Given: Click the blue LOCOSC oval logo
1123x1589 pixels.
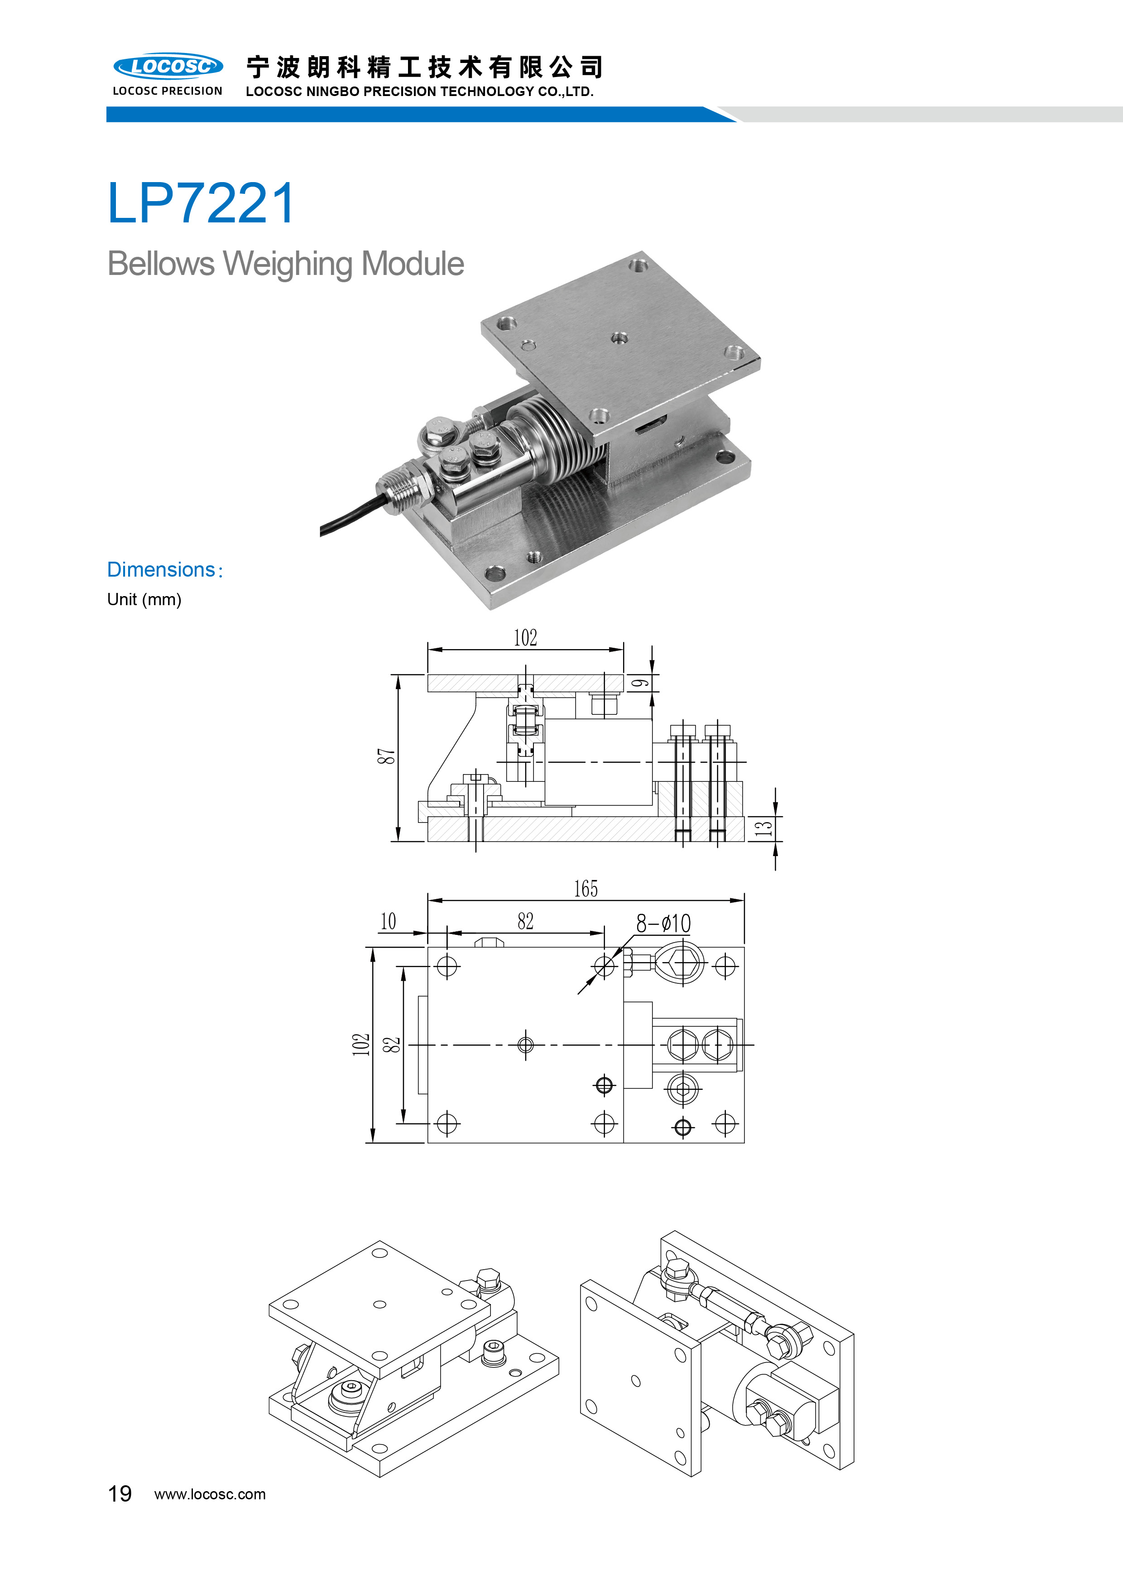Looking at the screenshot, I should click(x=168, y=67).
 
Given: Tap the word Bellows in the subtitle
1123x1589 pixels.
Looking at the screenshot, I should click(x=161, y=264).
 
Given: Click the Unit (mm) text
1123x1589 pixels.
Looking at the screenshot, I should click(x=144, y=599).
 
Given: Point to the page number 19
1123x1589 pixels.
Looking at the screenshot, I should click(x=120, y=1493).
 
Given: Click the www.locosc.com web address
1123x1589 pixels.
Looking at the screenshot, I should click(x=210, y=1494).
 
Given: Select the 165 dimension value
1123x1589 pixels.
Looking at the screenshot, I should click(x=585, y=889).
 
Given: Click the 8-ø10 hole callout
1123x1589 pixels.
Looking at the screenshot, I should click(x=663, y=923).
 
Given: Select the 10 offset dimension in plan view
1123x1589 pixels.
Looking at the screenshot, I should click(x=388, y=922).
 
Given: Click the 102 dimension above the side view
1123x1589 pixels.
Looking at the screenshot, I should click(x=525, y=637).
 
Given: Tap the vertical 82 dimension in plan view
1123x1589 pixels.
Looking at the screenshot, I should click(x=392, y=1045).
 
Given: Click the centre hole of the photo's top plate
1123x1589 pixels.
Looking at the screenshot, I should click(x=619, y=338).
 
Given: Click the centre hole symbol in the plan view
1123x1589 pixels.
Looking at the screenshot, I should click(x=526, y=1045).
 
